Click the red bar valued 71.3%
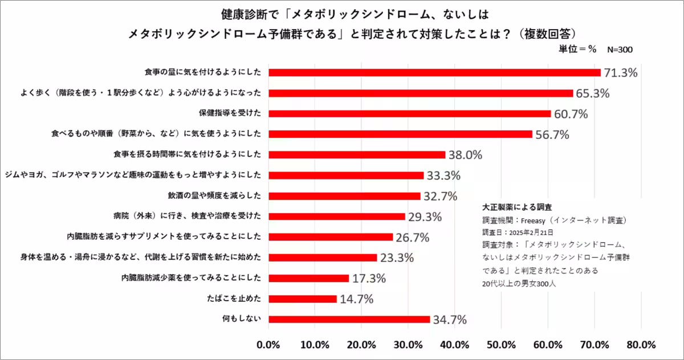(x=434, y=72)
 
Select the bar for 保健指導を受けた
(x=409, y=113)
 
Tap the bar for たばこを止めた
(x=303, y=298)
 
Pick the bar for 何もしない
(x=349, y=319)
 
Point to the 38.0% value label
(x=465, y=155)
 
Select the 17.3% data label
(x=368, y=279)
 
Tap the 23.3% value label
(x=397, y=257)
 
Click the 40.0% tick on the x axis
(x=454, y=345)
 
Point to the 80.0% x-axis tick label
(x=641, y=345)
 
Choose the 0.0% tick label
(x=268, y=345)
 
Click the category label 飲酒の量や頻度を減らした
(x=214, y=196)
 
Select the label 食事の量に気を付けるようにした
(x=202, y=72)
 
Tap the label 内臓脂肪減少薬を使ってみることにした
(x=192, y=278)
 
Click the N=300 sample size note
(x=620, y=50)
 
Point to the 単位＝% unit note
(x=577, y=50)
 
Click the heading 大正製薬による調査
(x=516, y=207)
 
